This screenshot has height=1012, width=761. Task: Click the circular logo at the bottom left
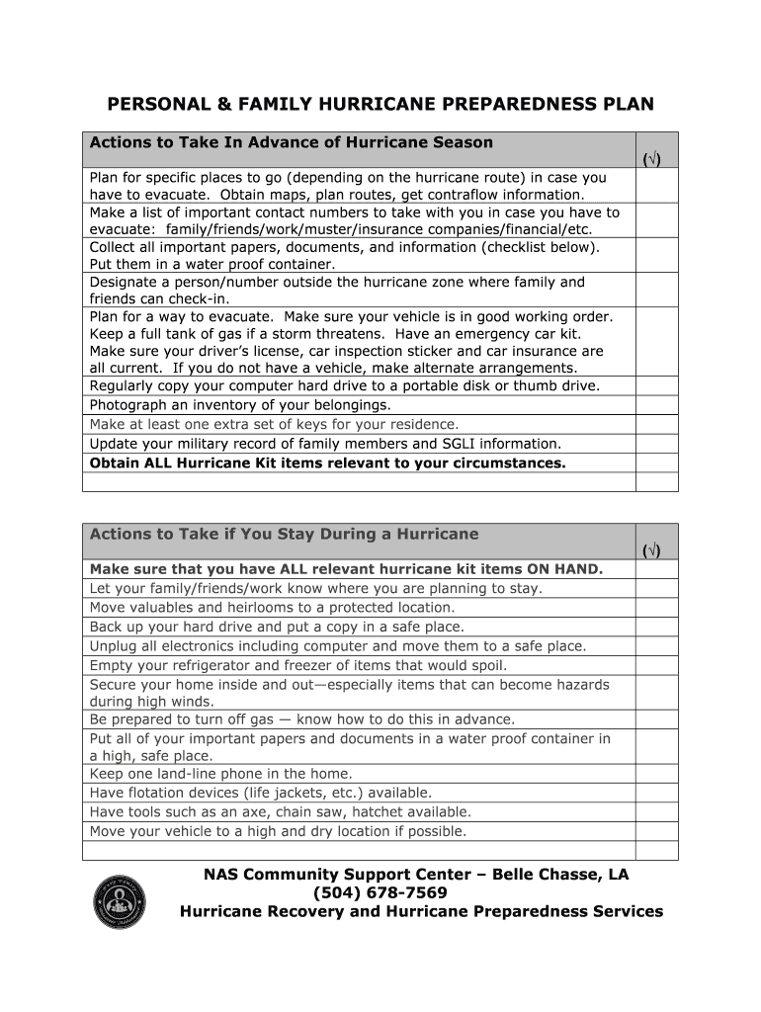click(119, 901)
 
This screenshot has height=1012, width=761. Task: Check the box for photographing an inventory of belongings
click(656, 405)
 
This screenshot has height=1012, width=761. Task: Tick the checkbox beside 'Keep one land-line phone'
click(656, 774)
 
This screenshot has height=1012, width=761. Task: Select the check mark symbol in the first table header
click(652, 159)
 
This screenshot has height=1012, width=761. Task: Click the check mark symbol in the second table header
click(652, 550)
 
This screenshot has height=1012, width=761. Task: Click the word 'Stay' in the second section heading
click(305, 534)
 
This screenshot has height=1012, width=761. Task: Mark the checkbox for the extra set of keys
click(656, 425)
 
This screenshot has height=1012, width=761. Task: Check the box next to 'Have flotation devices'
click(656, 793)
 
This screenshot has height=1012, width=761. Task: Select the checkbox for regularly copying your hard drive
click(656, 386)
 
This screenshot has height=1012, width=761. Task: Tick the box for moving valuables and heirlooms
click(656, 608)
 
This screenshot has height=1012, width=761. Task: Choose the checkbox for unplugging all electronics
click(656, 646)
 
